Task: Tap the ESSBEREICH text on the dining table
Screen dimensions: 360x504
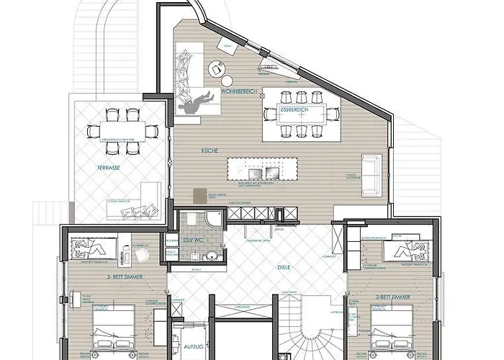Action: click(294, 109)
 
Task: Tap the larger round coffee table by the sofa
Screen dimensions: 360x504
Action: click(215, 69)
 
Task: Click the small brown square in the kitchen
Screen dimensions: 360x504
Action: click(199, 195)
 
